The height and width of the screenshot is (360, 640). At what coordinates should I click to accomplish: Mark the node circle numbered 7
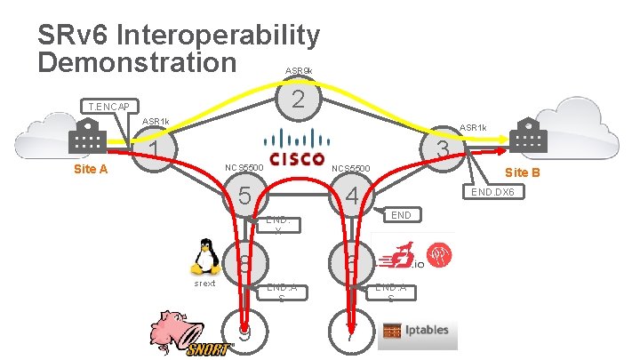[350, 334]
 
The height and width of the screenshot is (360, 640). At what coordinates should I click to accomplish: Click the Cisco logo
[297, 148]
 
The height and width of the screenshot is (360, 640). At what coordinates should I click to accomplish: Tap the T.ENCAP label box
[108, 108]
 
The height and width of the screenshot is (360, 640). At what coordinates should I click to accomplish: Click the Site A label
[90, 169]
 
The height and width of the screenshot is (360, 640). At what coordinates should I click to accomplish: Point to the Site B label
[522, 172]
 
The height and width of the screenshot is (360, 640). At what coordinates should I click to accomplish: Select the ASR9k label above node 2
[298, 69]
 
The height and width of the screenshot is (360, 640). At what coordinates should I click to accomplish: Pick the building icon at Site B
[524, 140]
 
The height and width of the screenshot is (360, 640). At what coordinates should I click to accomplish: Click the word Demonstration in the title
[138, 62]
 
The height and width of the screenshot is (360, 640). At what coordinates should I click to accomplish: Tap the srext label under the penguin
[204, 284]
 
